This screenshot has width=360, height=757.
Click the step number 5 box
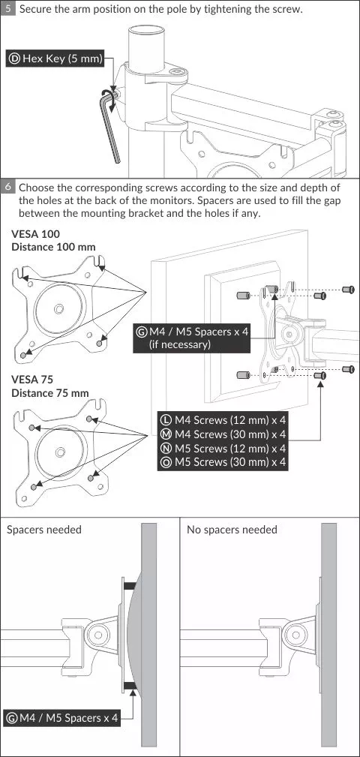[x=7, y=9]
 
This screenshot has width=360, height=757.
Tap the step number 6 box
[x=7, y=187]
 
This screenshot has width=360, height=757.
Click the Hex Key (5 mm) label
[x=55, y=59]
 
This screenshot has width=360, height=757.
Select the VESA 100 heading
[x=36, y=234]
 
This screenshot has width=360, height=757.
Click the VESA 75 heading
[x=32, y=380]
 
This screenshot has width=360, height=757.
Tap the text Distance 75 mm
[x=50, y=393]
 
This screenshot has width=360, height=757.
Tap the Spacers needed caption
[x=44, y=530]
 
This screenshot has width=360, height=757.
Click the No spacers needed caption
[x=232, y=530]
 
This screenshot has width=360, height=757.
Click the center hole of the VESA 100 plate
[x=58, y=308]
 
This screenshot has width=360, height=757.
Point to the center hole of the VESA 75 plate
[x=60, y=452]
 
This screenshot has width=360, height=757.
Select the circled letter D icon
[x=14, y=59]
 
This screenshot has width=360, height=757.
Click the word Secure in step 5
[x=34, y=9]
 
